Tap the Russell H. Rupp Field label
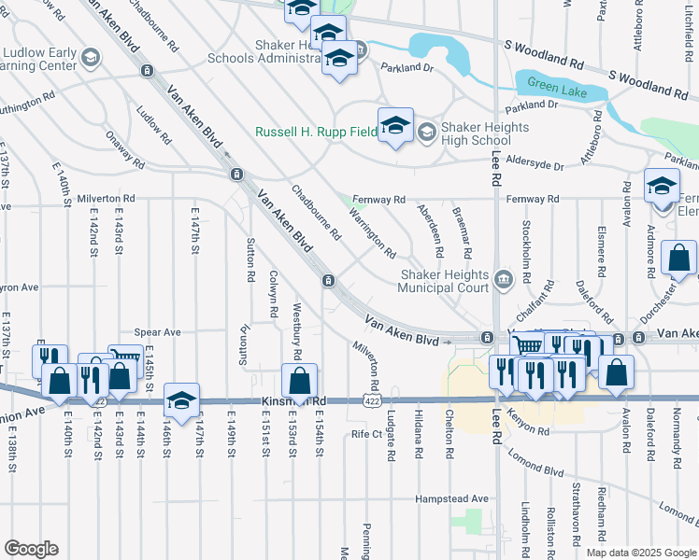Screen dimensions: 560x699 point(316,132)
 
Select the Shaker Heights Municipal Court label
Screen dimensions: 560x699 point(445,281)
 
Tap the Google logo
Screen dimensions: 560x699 point(30,549)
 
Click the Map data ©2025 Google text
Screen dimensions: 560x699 point(640,553)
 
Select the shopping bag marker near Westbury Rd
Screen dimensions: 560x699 point(299,381)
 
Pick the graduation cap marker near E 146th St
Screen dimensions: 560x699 point(181,399)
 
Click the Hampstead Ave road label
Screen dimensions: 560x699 point(452,499)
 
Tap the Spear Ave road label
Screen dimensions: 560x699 point(157,332)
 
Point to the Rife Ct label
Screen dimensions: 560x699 point(366,434)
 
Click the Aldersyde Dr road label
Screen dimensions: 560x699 point(533,166)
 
